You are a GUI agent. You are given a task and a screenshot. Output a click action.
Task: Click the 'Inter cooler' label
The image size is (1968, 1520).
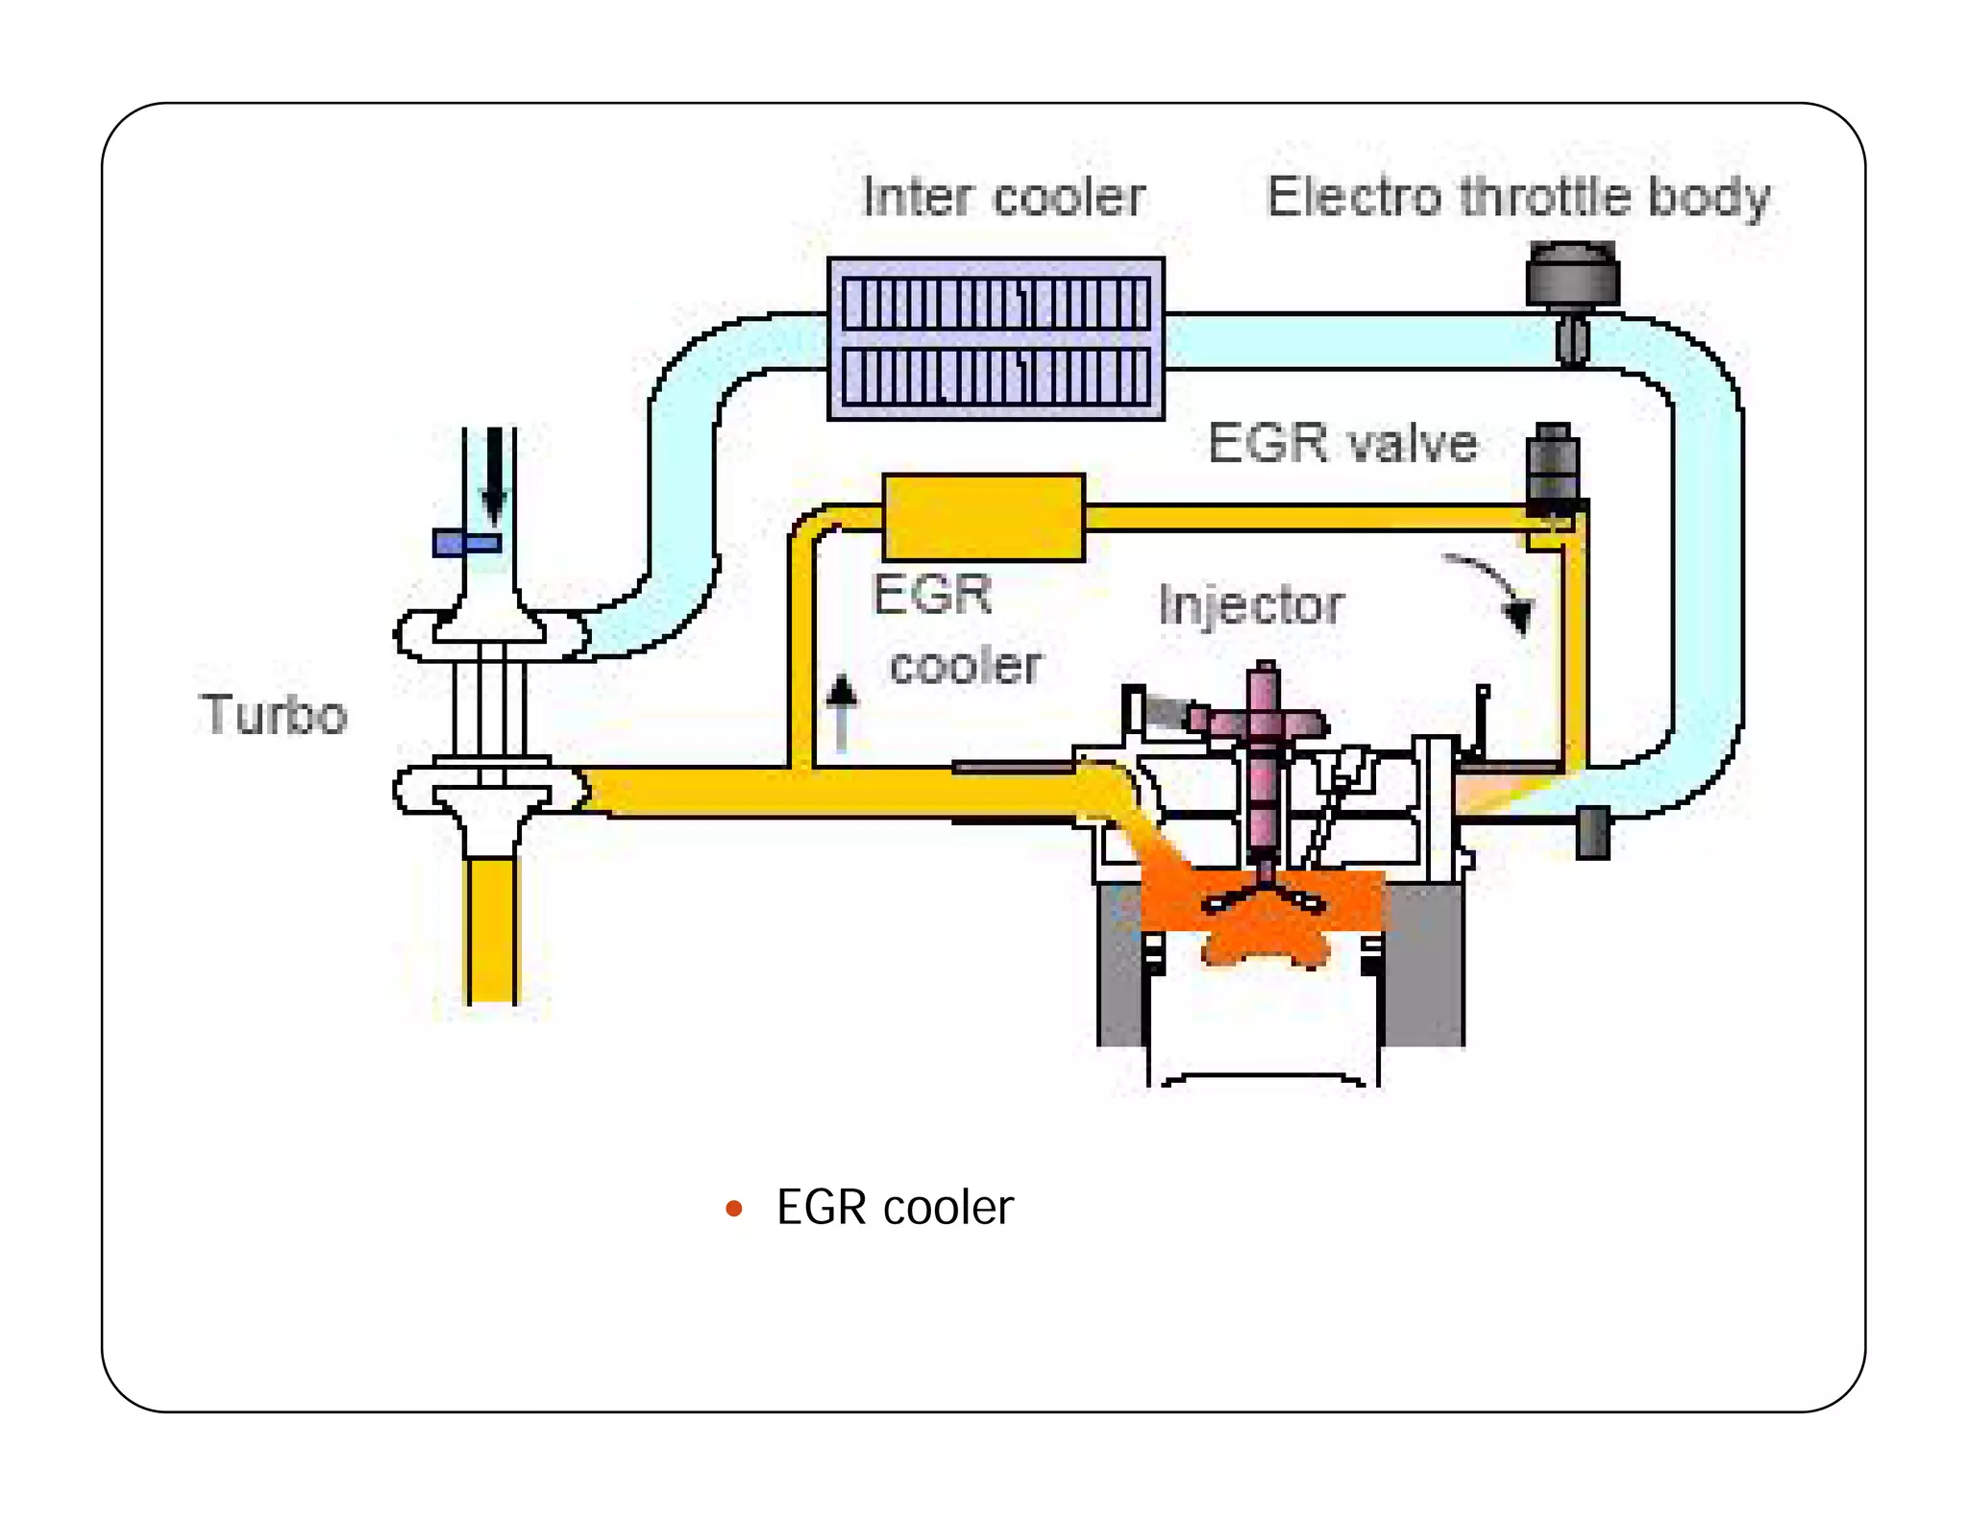pos(1003,198)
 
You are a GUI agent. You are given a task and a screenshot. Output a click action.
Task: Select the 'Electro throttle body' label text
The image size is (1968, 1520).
pos(1518,198)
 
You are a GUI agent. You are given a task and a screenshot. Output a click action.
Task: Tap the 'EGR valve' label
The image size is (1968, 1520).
pos(1342,444)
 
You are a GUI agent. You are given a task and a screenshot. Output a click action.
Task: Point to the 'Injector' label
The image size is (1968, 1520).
pos(1251,605)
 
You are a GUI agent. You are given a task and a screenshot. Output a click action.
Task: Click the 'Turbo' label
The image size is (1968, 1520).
pos(274,715)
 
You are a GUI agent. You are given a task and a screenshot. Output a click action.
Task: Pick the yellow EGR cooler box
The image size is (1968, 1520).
pos(983,517)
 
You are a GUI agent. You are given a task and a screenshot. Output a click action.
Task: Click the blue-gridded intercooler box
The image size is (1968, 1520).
pos(996,338)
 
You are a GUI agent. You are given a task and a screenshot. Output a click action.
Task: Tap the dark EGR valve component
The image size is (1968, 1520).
pos(1553,466)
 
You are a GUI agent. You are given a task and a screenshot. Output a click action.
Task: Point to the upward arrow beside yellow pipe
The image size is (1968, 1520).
pos(842,711)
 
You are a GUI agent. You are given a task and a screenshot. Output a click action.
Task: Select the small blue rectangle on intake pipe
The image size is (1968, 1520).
pos(467,543)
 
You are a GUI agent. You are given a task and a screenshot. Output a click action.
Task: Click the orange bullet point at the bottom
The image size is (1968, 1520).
pos(734,1208)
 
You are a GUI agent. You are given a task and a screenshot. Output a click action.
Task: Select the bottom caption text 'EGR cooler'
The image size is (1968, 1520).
pos(894,1208)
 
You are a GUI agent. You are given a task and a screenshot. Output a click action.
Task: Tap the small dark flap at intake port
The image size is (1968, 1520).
pos(1592,832)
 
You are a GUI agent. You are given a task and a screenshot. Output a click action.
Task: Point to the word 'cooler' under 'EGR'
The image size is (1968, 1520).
pos(965,666)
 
